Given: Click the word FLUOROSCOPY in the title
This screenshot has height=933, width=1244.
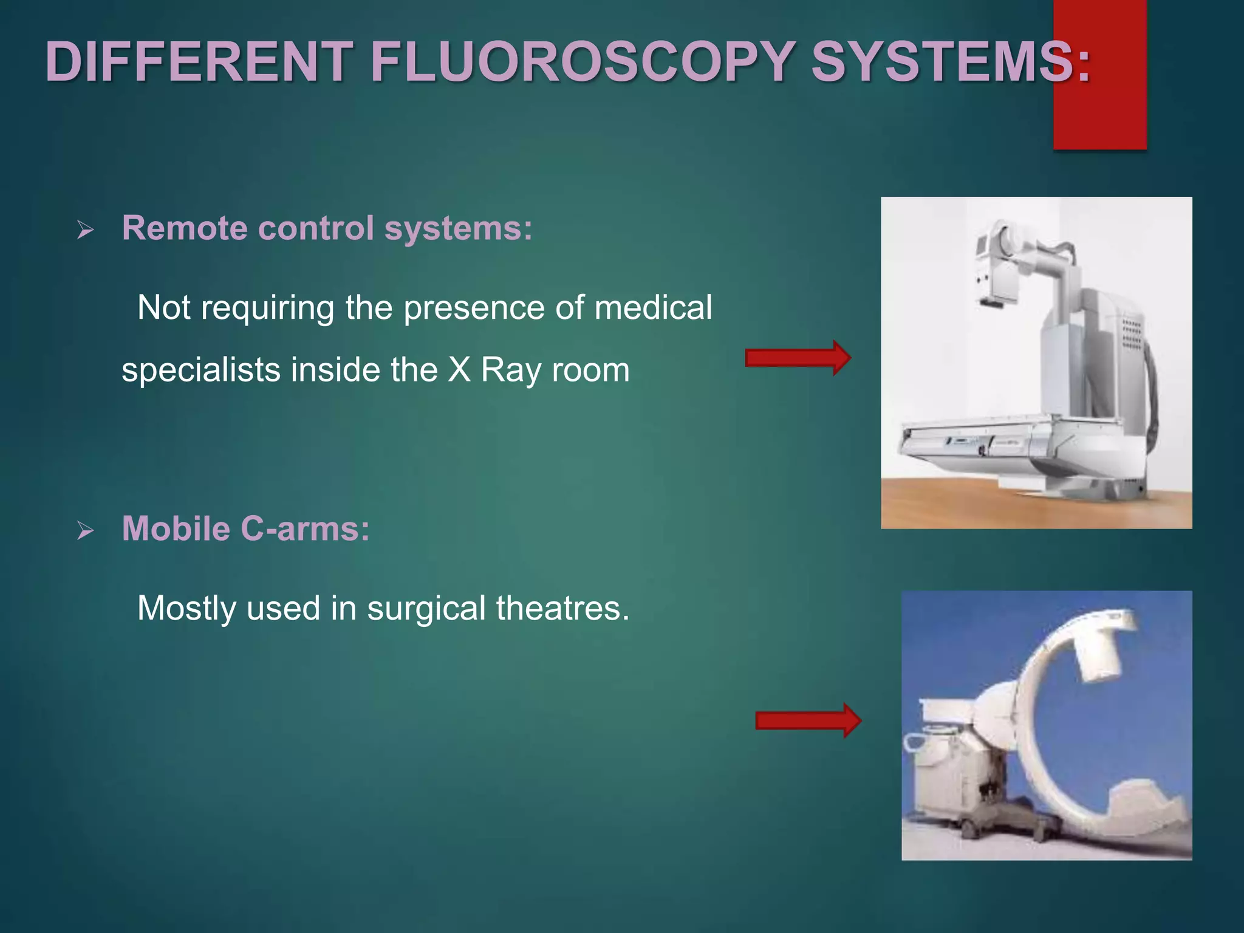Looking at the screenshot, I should click(x=582, y=62).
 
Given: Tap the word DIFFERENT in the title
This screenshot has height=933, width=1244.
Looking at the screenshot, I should click(x=199, y=62).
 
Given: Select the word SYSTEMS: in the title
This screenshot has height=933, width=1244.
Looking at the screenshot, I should click(x=951, y=62).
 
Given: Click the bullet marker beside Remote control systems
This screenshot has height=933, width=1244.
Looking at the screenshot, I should click(x=86, y=230).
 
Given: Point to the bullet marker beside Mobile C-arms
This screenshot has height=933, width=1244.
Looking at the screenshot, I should click(x=86, y=531).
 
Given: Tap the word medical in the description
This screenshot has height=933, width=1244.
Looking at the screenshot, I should click(x=653, y=307).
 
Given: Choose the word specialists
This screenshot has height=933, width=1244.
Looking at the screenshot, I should click(x=200, y=371).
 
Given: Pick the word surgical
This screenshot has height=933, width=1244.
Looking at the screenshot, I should click(x=426, y=608).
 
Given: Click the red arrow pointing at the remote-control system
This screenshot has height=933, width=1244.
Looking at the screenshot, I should click(x=798, y=358).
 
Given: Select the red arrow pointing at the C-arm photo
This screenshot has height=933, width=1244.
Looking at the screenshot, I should click(x=808, y=720).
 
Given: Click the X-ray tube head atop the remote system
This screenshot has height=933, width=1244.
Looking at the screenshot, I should click(x=996, y=267).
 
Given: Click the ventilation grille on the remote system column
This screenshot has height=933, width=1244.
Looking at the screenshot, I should click(x=1131, y=334).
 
